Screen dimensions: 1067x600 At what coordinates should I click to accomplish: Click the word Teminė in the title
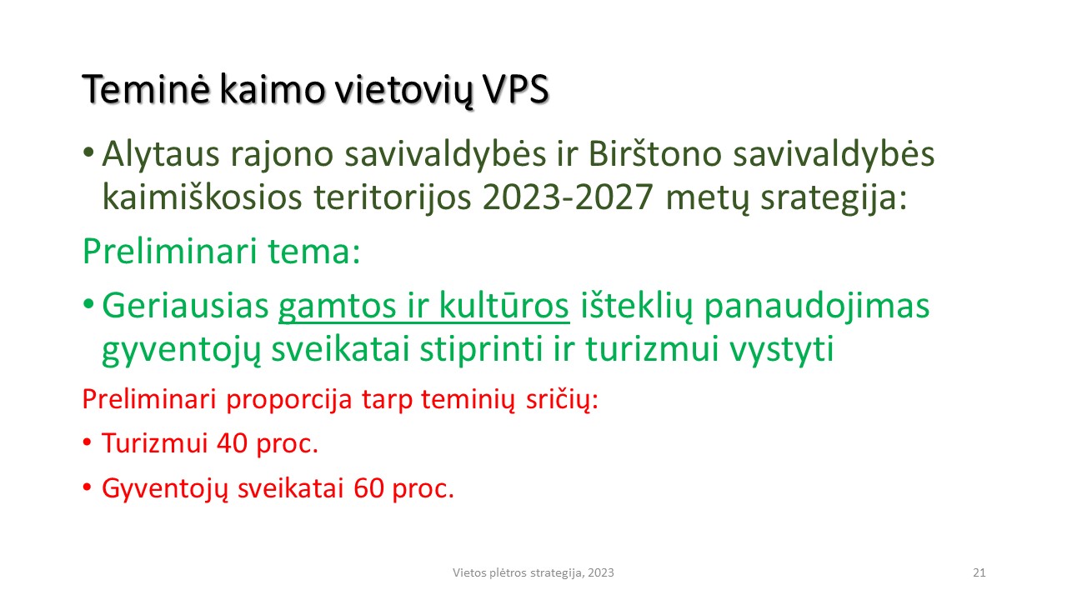[x=146, y=89]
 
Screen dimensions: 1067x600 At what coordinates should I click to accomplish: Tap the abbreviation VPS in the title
[x=516, y=89]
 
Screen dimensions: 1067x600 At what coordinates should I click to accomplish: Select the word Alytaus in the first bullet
[x=161, y=155]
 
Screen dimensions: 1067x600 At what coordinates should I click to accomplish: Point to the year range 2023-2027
[x=568, y=197]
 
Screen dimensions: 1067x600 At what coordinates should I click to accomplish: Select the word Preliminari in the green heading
[x=169, y=251]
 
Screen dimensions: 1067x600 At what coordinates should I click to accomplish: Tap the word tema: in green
[x=314, y=252]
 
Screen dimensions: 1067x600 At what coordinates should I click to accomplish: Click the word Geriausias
[x=185, y=306]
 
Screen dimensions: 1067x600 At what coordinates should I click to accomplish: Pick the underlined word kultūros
[x=503, y=305]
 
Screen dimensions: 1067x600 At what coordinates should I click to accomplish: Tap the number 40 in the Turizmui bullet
[x=232, y=443]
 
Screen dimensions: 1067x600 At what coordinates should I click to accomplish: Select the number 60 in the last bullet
[x=369, y=488]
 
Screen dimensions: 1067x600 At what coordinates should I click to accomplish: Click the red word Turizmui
[x=155, y=443]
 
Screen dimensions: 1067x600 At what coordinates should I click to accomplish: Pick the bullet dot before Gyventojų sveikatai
[x=87, y=487]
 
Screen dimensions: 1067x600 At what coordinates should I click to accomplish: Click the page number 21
[x=979, y=572]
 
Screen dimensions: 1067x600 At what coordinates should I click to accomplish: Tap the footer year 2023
[x=601, y=572]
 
